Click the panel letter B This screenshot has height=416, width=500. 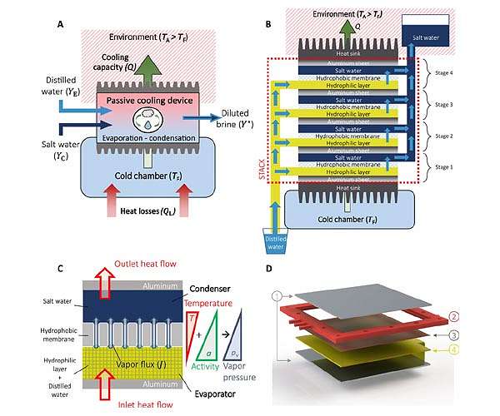[x=268, y=24]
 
